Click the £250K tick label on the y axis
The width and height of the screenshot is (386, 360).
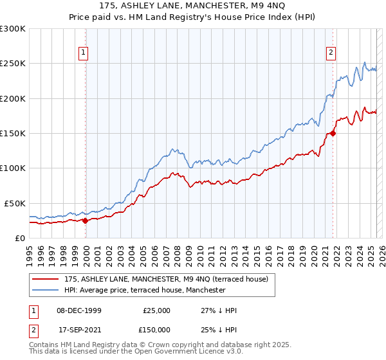click(x=13, y=64)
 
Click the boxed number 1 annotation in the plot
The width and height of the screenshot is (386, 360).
click(x=85, y=53)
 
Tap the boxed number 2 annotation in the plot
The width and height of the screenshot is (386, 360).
click(x=331, y=53)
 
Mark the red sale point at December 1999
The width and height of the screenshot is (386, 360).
click(x=86, y=221)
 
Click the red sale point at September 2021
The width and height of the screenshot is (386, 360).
click(x=333, y=133)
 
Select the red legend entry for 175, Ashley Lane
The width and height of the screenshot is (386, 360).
click(x=170, y=278)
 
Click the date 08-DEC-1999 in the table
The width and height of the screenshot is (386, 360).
click(x=79, y=310)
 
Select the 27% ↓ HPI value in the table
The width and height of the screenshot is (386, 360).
click(x=219, y=310)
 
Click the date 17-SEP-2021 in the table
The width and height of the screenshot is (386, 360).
click(x=79, y=329)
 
